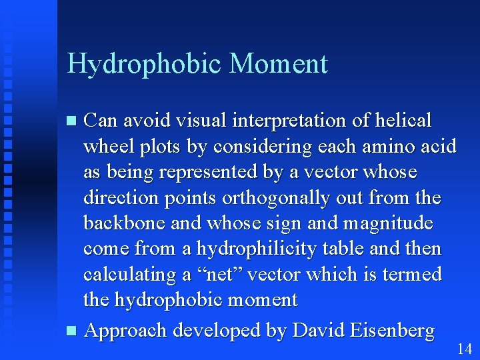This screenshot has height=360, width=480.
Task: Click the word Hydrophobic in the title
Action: [x=145, y=65]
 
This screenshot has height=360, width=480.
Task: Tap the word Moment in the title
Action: [x=278, y=64]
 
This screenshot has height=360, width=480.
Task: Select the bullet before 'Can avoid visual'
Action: [x=73, y=121]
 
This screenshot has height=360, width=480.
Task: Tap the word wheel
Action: [x=106, y=147]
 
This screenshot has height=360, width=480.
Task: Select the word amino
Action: [x=369, y=147]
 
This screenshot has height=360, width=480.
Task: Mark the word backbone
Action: [x=125, y=223]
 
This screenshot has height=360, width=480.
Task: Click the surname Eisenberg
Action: [x=387, y=331]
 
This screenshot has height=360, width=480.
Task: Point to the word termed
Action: [x=411, y=275]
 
